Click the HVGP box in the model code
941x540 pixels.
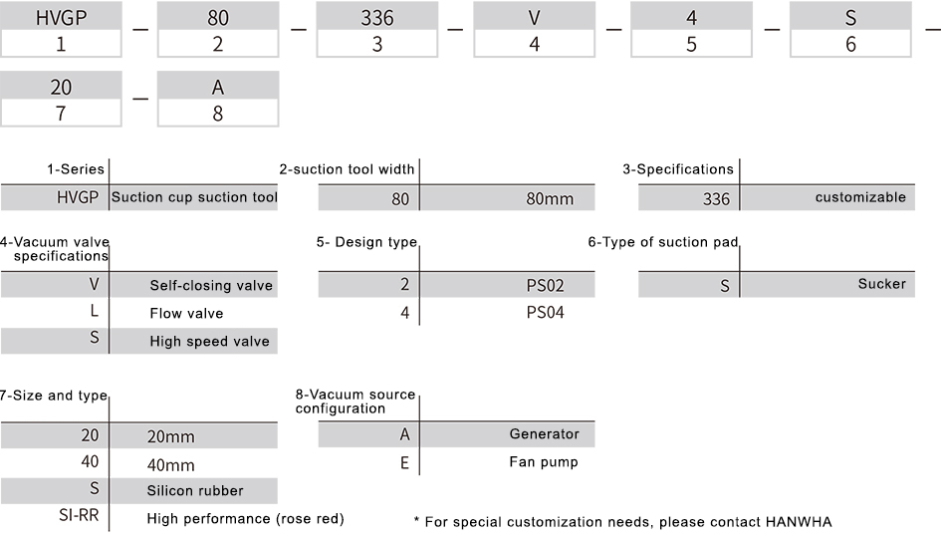tap(61, 17)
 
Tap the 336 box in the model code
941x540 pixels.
tap(376, 17)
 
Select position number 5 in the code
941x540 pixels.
tap(691, 44)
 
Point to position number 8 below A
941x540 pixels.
tap(218, 114)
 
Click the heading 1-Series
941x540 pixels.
tap(76, 169)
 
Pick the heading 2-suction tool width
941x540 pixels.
tap(347, 169)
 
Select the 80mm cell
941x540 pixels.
tap(550, 199)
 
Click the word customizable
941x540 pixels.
tap(860, 197)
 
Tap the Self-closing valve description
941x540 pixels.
tap(211, 285)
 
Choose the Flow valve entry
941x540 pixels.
tap(186, 313)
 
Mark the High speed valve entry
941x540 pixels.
tap(209, 341)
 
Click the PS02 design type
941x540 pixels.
tap(545, 285)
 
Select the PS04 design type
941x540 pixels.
tap(545, 313)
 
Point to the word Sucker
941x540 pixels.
tap(881, 284)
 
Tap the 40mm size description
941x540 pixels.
tap(171, 465)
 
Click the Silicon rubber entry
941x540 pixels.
tap(195, 491)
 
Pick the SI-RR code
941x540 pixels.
tap(79, 515)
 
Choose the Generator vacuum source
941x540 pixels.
tap(545, 433)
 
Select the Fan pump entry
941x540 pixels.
tap(544, 462)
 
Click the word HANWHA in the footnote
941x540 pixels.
tap(797, 522)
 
